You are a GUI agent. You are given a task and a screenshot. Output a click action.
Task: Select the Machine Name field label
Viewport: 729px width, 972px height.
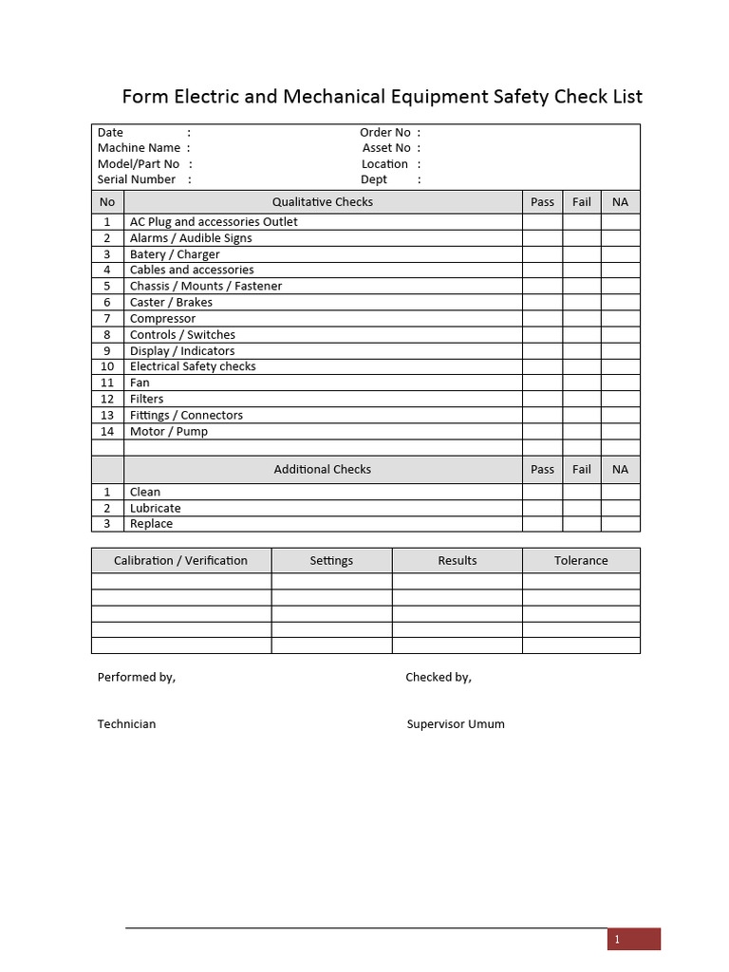coord(139,148)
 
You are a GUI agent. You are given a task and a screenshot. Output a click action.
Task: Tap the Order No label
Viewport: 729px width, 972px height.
coord(385,133)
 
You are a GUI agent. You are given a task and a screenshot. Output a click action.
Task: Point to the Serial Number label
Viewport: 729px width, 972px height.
coord(137,179)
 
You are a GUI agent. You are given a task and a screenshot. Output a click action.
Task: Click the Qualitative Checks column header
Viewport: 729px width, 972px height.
coord(323,202)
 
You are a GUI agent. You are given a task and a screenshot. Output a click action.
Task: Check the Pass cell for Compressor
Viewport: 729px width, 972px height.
coord(542,319)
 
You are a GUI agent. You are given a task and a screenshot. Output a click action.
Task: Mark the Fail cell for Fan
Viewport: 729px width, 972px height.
coord(582,383)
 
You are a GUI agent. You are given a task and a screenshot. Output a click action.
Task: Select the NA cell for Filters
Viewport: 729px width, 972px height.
coord(621,400)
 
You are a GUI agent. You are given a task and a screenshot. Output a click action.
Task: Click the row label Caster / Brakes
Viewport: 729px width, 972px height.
coord(171,303)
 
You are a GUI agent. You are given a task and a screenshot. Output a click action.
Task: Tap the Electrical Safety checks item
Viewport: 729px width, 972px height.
coord(193,366)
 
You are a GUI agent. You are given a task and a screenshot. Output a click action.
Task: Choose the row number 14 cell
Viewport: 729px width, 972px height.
coord(107,432)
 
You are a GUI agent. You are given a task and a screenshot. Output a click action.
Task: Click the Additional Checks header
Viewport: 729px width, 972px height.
coord(323,470)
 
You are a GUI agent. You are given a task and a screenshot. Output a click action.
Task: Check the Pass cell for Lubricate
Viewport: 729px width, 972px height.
coord(542,509)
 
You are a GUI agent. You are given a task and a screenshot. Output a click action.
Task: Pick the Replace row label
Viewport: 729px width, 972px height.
coord(152,524)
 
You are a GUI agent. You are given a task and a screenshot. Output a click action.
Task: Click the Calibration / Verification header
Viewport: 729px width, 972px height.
coord(180,561)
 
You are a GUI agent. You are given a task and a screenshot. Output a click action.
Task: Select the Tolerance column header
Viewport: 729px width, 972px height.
coord(581,561)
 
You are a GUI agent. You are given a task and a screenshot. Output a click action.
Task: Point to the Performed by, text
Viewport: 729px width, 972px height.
coord(137,678)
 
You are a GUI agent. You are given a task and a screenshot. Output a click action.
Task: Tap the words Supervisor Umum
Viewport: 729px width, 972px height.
coord(456,724)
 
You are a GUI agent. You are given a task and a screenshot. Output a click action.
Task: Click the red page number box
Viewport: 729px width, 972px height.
coord(633,940)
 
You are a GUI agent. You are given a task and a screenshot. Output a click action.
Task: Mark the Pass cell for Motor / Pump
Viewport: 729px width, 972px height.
coord(542,432)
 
